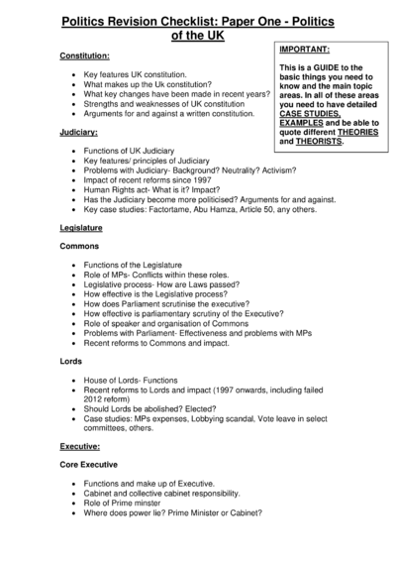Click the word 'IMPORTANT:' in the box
pos(305,48)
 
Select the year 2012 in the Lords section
pos(97,401)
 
